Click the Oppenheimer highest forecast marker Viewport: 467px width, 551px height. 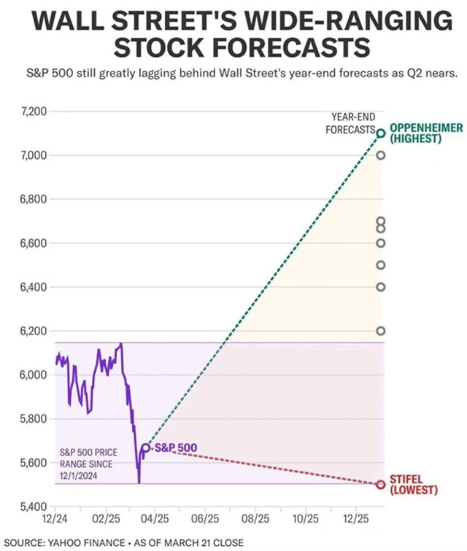pos(380,133)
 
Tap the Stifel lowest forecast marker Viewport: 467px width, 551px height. pos(380,485)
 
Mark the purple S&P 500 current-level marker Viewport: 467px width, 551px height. pos(146,448)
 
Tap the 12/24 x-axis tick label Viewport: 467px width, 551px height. pos(55,520)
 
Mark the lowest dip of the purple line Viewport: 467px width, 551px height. pos(139,482)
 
